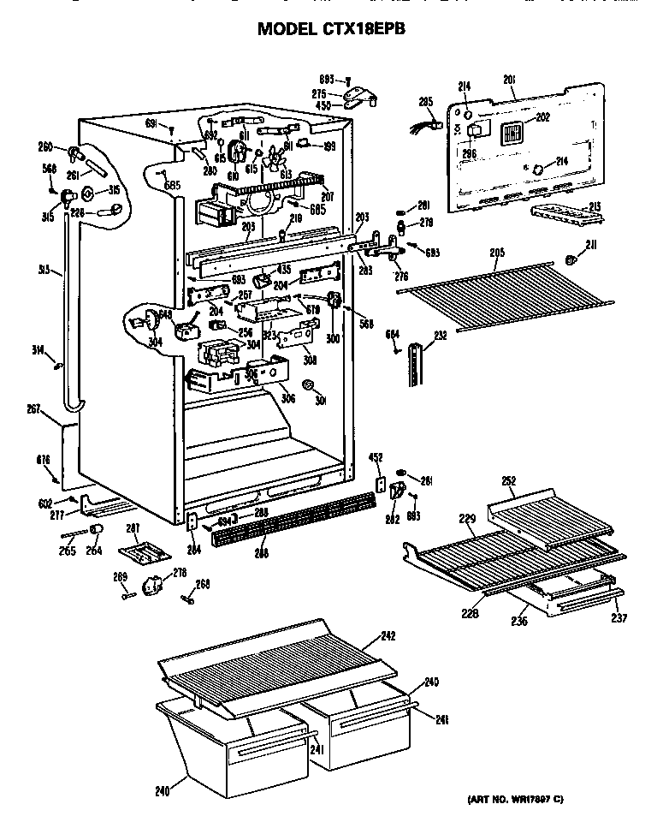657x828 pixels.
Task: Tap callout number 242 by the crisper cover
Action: (389, 635)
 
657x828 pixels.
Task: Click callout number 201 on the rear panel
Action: (509, 80)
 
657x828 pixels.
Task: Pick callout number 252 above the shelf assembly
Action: (509, 481)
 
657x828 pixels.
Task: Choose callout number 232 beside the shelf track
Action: (441, 337)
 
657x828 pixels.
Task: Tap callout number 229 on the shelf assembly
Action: (467, 519)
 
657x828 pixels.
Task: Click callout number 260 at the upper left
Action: (45, 146)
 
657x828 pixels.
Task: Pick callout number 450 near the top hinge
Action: (323, 106)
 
